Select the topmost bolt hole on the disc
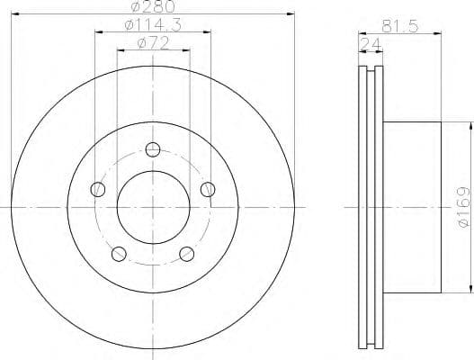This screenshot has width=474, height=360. pyautogui.click(x=153, y=149)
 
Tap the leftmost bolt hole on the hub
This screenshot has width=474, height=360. pyautogui.click(x=98, y=189)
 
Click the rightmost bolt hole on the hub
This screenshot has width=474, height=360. pyautogui.click(x=208, y=189)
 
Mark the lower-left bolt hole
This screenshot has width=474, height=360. pyautogui.click(x=119, y=253)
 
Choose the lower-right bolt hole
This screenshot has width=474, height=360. pyautogui.click(x=187, y=253)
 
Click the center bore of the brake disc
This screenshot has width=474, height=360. pyautogui.click(x=153, y=206)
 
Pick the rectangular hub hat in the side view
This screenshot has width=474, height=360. pyautogui.click(x=414, y=207)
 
